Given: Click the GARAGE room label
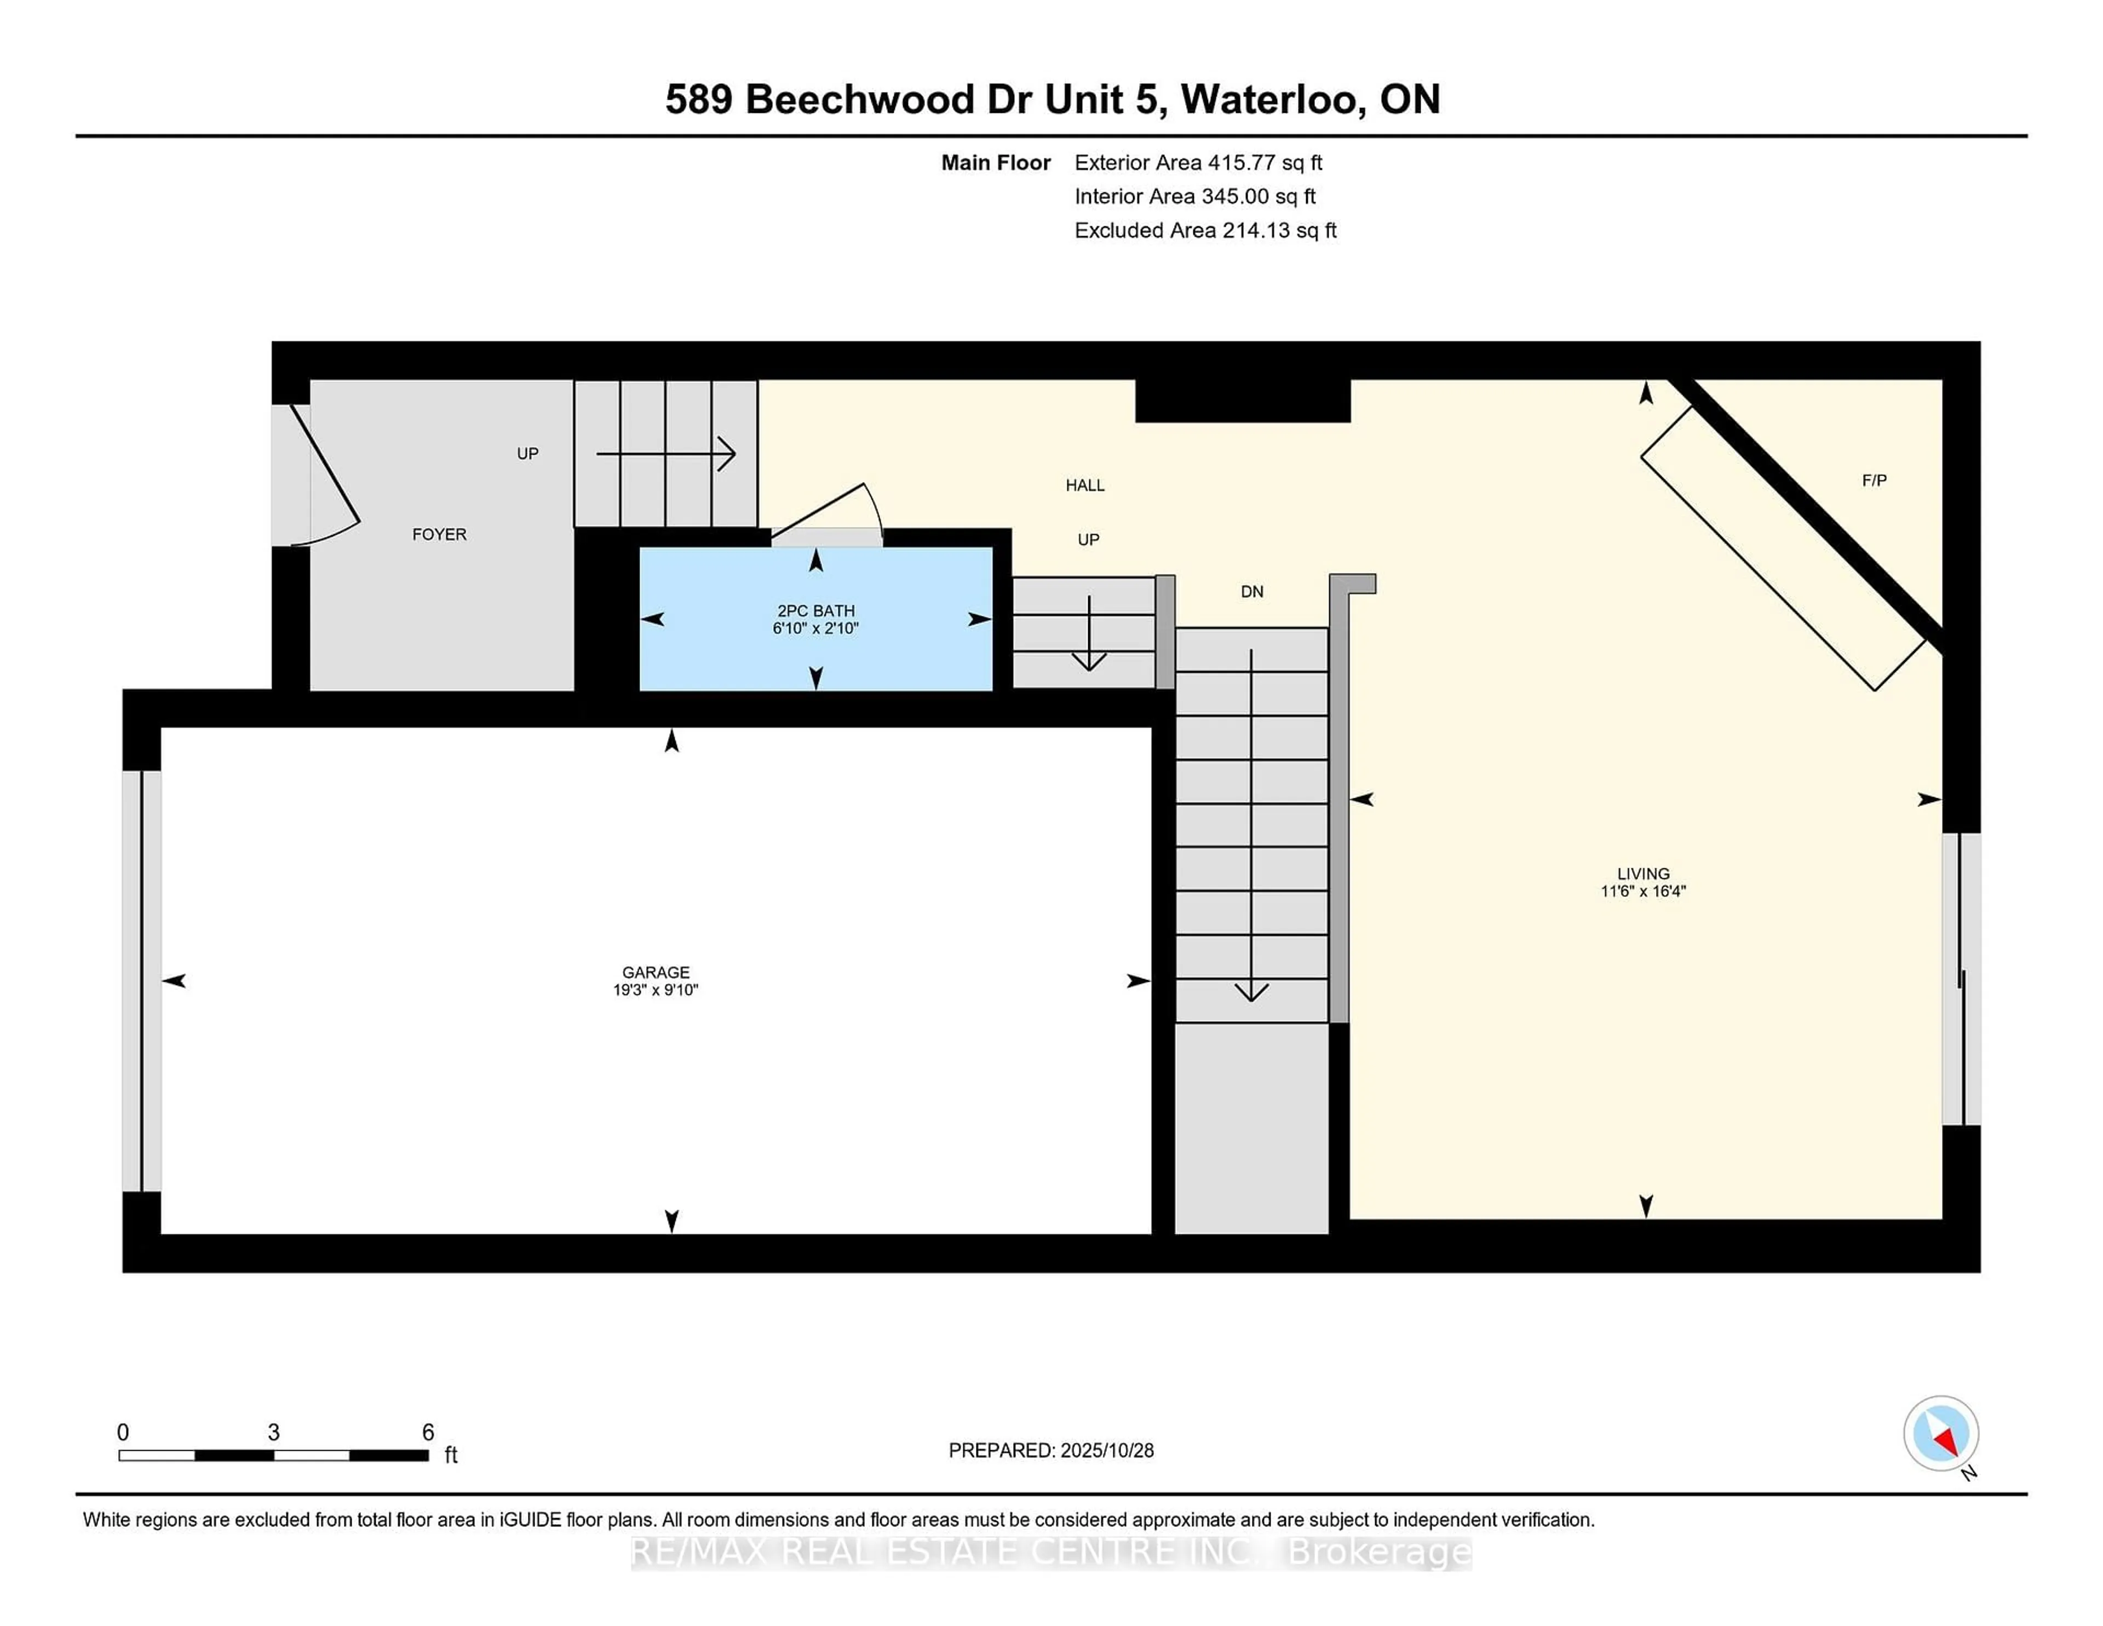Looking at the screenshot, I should click(x=656, y=972).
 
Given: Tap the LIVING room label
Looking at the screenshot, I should click(x=1643, y=874).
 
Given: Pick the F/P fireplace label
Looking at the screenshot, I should click(x=1874, y=480).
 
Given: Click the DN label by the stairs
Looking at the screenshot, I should click(x=1252, y=592).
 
